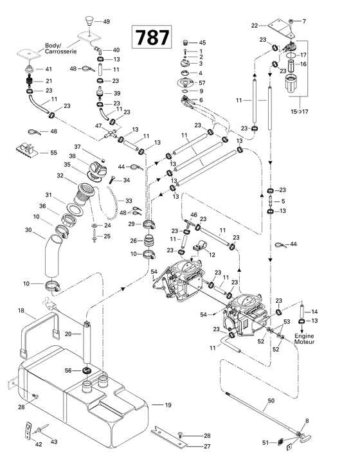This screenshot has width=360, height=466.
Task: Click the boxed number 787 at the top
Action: (152, 37)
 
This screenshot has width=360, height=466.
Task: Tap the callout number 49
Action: (107, 21)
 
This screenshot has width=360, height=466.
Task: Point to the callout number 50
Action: (271, 400)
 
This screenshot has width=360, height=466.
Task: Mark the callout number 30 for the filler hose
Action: (28, 229)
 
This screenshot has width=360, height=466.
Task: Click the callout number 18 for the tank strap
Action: (21, 311)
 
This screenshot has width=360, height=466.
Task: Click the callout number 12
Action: (211, 255)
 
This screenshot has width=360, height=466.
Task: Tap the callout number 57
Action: (203, 84)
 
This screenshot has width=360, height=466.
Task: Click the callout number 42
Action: (39, 445)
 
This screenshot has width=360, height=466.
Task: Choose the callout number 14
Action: (315, 311)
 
